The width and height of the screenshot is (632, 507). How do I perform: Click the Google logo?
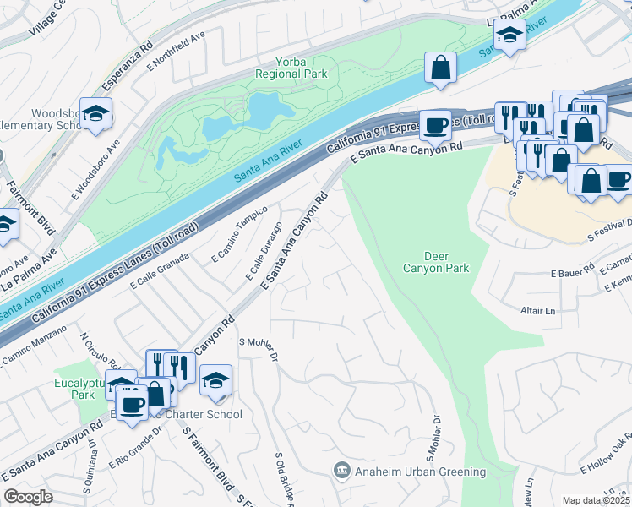coord(28,497)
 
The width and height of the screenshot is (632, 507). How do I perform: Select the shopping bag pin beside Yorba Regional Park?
coord(440,68)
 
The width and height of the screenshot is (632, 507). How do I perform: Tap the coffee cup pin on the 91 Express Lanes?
coord(436,125)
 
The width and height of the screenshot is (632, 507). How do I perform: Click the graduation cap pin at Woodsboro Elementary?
coord(97,114)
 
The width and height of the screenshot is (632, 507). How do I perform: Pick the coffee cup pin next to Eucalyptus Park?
coord(131,403)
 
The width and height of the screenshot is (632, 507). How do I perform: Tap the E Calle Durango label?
coord(264,251)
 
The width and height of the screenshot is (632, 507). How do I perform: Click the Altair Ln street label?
coord(539,311)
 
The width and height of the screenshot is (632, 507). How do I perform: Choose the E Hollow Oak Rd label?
coord(606,453)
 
